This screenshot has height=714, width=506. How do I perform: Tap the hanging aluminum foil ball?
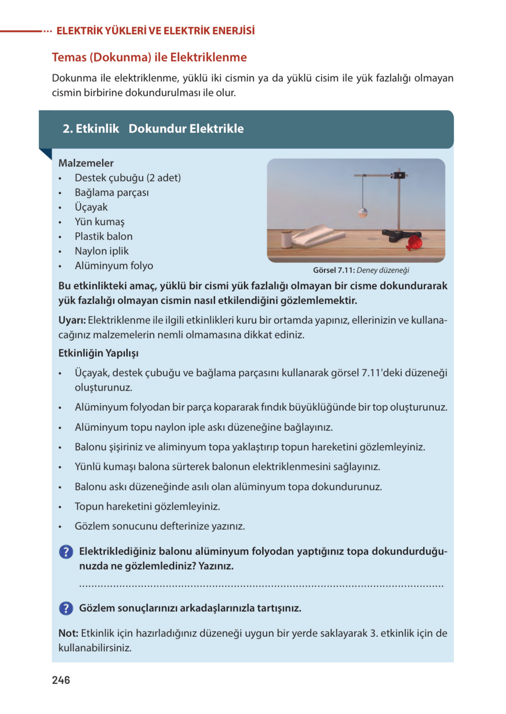pos(362,213)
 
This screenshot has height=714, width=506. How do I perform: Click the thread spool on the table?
pos(286,239)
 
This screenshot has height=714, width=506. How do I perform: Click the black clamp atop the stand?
pos(399,175)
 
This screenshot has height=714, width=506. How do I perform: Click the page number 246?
pos(61,680)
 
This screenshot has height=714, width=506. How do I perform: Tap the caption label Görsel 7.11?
pos(334,270)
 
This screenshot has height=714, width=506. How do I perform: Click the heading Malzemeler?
pos(86,163)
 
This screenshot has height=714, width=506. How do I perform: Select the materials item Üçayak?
pos(91,207)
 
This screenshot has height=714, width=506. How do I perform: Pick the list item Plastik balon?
pos(103,236)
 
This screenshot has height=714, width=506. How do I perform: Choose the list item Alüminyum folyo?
pos(114,265)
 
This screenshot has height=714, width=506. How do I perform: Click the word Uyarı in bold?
pos(72,320)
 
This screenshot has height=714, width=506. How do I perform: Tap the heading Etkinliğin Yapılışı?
pos(99,353)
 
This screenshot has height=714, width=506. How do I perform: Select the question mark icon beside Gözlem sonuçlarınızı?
pos(66,608)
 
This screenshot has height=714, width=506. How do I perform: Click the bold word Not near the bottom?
pos(68,633)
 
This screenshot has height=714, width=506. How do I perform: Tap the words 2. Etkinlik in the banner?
pos(91,129)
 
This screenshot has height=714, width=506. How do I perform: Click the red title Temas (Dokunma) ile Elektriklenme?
pos(149,57)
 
